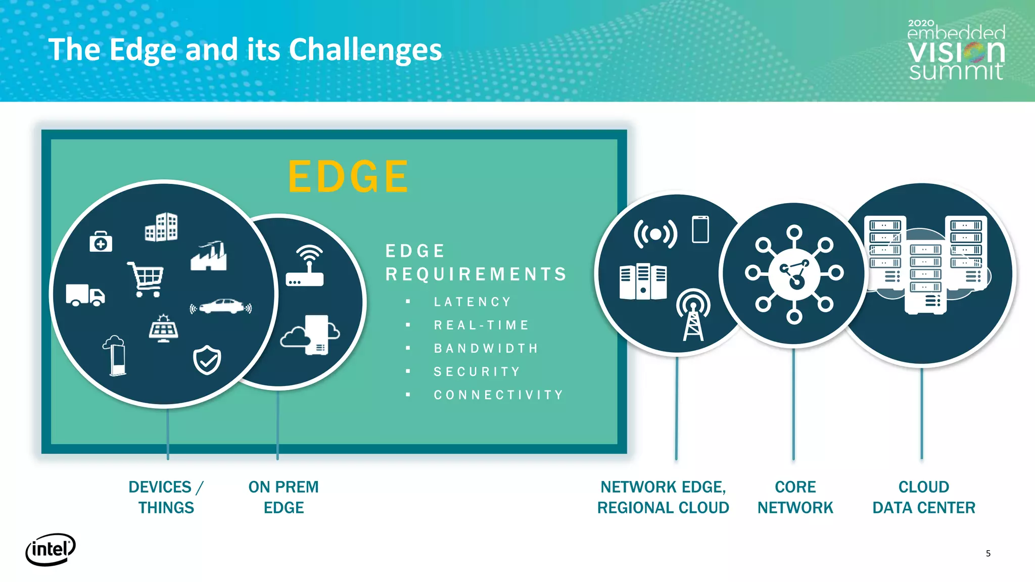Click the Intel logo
(51, 549)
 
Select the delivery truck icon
(85, 295)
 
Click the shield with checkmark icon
(207, 360)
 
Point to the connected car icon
(221, 306)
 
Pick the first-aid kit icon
(101, 242)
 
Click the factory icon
(209, 256)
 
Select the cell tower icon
(693, 315)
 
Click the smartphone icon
(700, 229)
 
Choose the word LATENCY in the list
(473, 302)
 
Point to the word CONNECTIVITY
(498, 395)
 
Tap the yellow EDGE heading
(348, 177)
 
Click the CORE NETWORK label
(795, 497)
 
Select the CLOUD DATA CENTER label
(923, 497)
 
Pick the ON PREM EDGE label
(284, 497)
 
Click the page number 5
(988, 553)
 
